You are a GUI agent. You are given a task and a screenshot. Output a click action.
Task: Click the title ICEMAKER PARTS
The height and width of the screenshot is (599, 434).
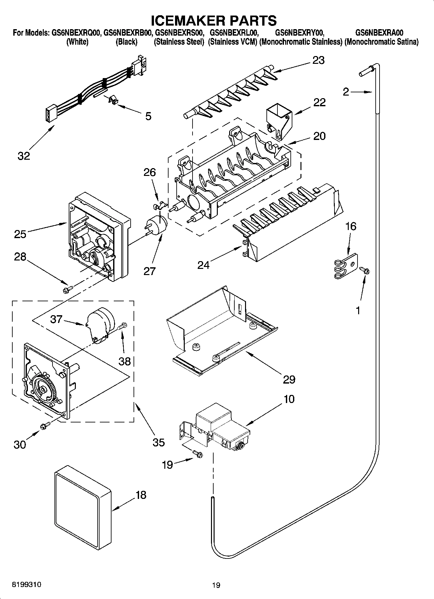(214, 20)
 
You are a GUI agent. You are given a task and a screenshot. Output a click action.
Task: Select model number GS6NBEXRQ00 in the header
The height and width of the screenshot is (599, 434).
(75, 33)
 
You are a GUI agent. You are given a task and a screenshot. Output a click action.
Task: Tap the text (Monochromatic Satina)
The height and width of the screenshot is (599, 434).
(381, 42)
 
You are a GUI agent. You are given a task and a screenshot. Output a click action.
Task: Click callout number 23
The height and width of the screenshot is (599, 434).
(318, 60)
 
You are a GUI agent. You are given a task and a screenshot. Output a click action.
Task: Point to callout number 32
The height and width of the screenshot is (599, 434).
(24, 156)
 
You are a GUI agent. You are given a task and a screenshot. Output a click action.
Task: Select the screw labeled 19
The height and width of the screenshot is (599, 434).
(197, 454)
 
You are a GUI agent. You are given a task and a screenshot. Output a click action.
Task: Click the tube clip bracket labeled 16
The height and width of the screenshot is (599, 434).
(346, 266)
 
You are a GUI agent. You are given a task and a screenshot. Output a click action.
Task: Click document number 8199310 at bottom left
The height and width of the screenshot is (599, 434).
(27, 585)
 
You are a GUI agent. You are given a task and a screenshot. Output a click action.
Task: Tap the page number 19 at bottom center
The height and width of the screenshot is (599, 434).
(216, 585)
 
